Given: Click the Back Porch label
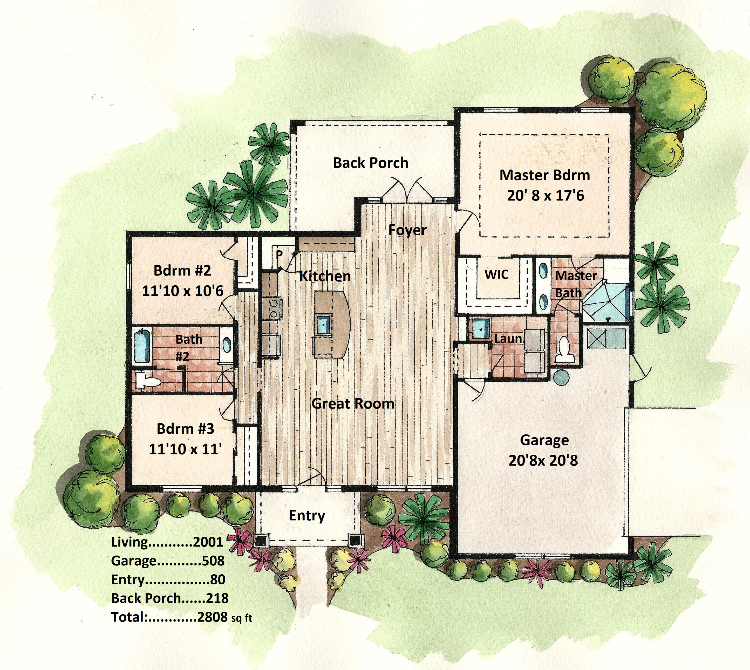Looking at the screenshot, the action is point(371,163).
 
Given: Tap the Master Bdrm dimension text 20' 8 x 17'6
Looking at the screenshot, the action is point(546,195).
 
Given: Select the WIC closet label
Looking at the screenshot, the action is point(496,274).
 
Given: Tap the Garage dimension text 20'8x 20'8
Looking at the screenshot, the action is point(543,460).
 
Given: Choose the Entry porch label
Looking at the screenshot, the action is point(307,516).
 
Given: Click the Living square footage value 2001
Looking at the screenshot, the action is point(208,542).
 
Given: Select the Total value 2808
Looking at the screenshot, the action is point(212,617).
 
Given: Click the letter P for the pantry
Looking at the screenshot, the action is point(279,255).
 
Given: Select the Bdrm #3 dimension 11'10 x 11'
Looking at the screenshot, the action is point(185,449).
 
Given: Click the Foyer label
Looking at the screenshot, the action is point(408,230).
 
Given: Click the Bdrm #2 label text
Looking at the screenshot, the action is point(182,271).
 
